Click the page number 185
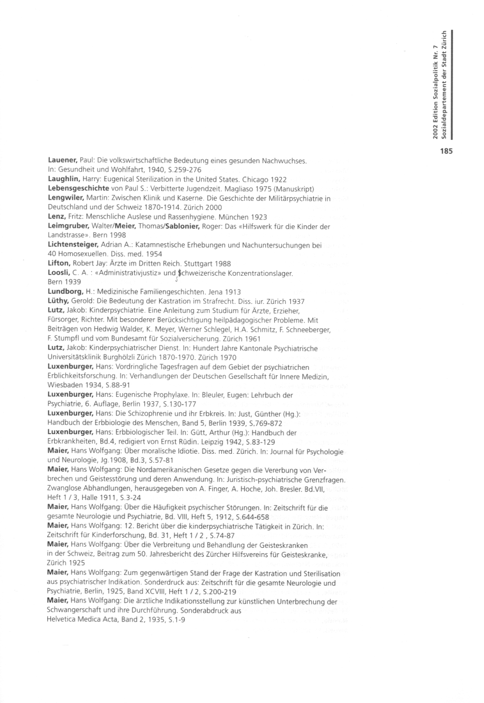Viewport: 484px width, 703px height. pyautogui.click(x=446, y=151)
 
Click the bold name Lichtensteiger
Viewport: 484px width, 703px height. pyautogui.click(x=76, y=245)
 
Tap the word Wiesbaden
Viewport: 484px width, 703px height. pyautogui.click(x=65, y=386)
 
